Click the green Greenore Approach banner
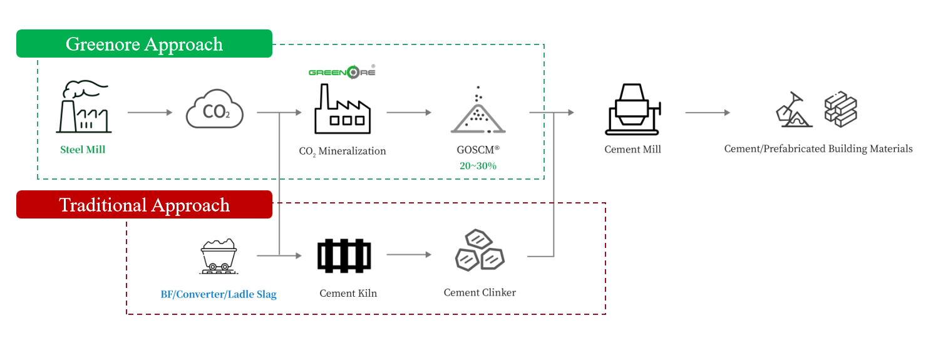144,44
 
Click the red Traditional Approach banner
144,205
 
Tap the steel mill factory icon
83,107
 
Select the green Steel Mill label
83,150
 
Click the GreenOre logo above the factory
342,72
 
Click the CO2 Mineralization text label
342,151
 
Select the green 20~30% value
478,165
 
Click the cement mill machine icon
632,109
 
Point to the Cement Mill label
632,150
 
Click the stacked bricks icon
840,111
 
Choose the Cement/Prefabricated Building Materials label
818,149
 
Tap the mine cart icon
219,256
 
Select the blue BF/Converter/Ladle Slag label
219,294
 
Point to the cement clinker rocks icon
478,250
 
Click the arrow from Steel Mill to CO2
150,113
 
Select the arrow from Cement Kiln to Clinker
409,255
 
